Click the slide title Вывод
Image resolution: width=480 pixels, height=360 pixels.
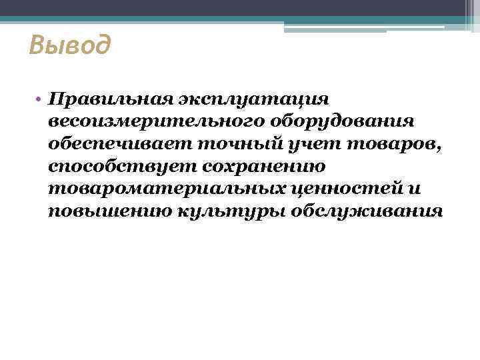pyautogui.click(x=70, y=46)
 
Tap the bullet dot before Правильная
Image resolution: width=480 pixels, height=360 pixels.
pyautogui.click(x=41, y=98)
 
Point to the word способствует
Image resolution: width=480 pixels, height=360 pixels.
pyautogui.click(x=120, y=167)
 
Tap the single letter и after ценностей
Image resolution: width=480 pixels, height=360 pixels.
pyautogui.click(x=414, y=189)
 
